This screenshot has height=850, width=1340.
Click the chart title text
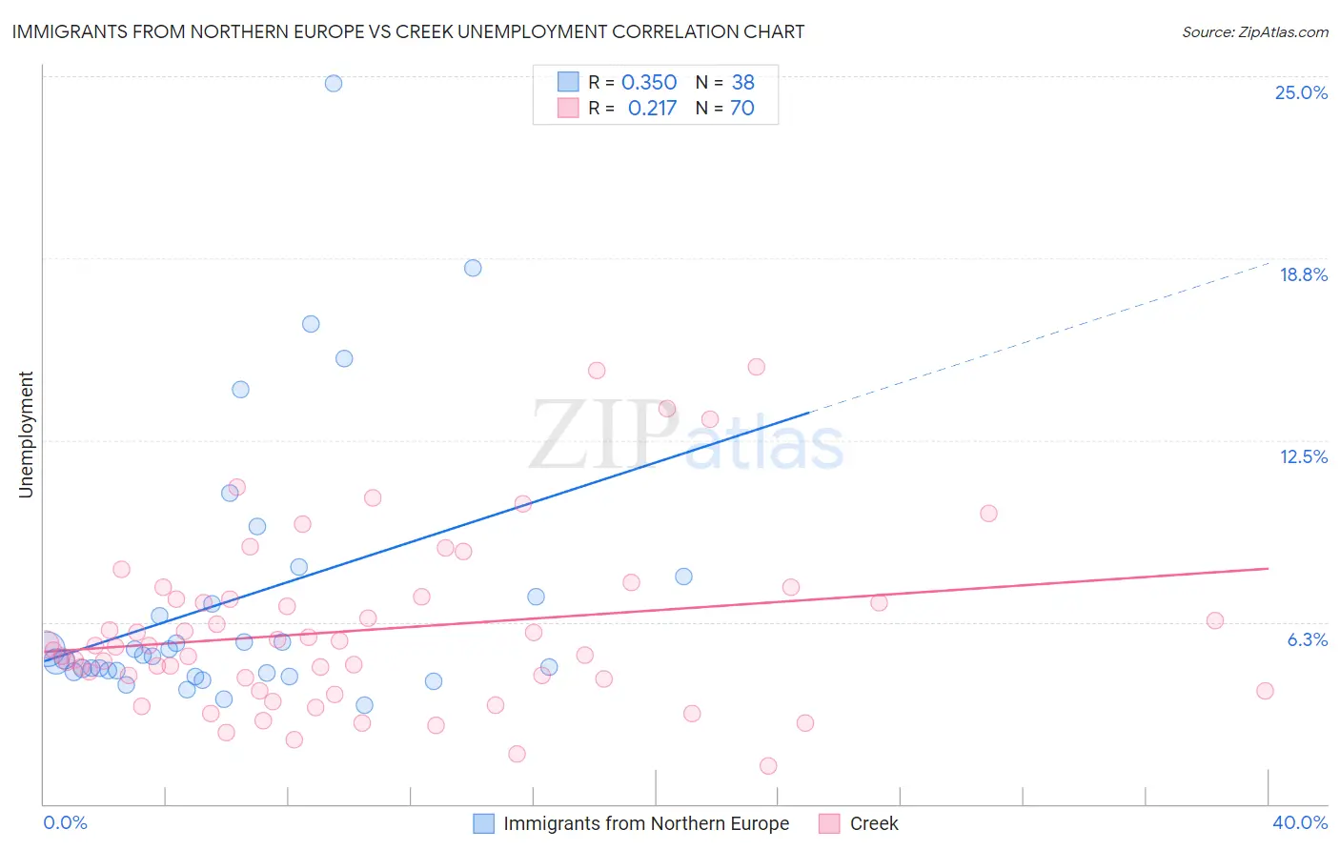tap(408, 31)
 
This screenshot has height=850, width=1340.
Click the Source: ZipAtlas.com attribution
tap(1254, 31)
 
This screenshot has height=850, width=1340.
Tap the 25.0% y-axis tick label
tap(1301, 92)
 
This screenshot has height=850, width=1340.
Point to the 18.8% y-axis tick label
tap(1303, 274)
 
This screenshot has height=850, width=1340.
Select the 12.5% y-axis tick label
tap(1303, 456)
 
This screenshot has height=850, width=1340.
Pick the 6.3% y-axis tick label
tap(1307, 639)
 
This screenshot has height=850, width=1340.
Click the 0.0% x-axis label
tap(65, 822)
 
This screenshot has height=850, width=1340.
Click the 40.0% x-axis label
tap(1299, 822)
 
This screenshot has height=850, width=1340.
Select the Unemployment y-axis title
tap(26, 435)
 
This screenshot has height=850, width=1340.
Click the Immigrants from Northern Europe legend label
tap(646, 823)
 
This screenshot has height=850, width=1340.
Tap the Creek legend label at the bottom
tap(874, 823)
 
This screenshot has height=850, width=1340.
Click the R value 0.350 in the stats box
tap(649, 83)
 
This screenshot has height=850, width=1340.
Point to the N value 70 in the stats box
tap(741, 109)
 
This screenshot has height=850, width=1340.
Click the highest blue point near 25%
tap(334, 83)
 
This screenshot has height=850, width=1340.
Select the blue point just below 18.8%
tap(473, 268)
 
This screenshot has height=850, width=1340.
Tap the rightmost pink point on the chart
tap(1265, 691)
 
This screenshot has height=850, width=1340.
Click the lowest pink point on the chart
tap(768, 766)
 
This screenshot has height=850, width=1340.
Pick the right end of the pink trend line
tap(1268, 568)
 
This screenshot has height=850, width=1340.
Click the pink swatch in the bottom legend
tap(829, 823)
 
